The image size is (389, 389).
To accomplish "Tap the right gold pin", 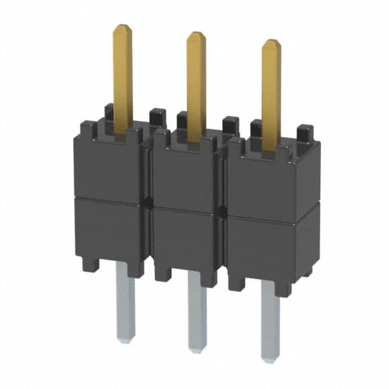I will coord(271,91).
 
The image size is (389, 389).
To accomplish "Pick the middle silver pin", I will coord(197,310).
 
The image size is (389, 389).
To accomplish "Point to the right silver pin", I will coord(270,319).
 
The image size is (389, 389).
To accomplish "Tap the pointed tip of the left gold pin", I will coord(123,27).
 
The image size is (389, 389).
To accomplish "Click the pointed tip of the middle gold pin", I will coord(196,34).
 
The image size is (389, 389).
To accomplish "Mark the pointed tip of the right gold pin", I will coord(271,42).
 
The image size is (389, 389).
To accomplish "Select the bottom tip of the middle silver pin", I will coord(197,349).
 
